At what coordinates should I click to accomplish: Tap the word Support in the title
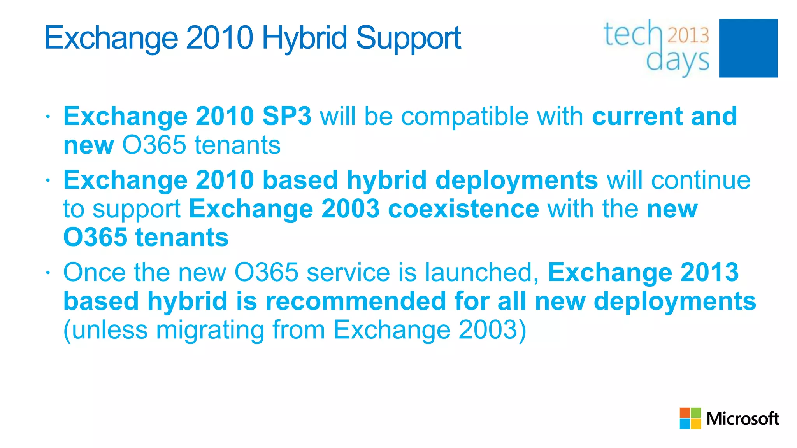pos(408,38)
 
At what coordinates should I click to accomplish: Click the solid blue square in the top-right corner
pos(748,48)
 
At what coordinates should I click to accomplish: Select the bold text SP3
pos(287,116)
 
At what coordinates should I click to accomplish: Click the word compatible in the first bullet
pos(465,116)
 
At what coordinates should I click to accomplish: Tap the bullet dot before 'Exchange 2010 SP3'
pos(47,117)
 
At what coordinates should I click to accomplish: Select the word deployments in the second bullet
pos(516,180)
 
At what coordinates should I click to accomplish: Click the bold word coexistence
pos(463,209)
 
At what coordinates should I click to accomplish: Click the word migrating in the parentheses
pos(210,330)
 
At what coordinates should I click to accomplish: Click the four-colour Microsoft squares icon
pos(690,418)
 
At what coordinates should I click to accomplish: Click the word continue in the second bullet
pos(701,180)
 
